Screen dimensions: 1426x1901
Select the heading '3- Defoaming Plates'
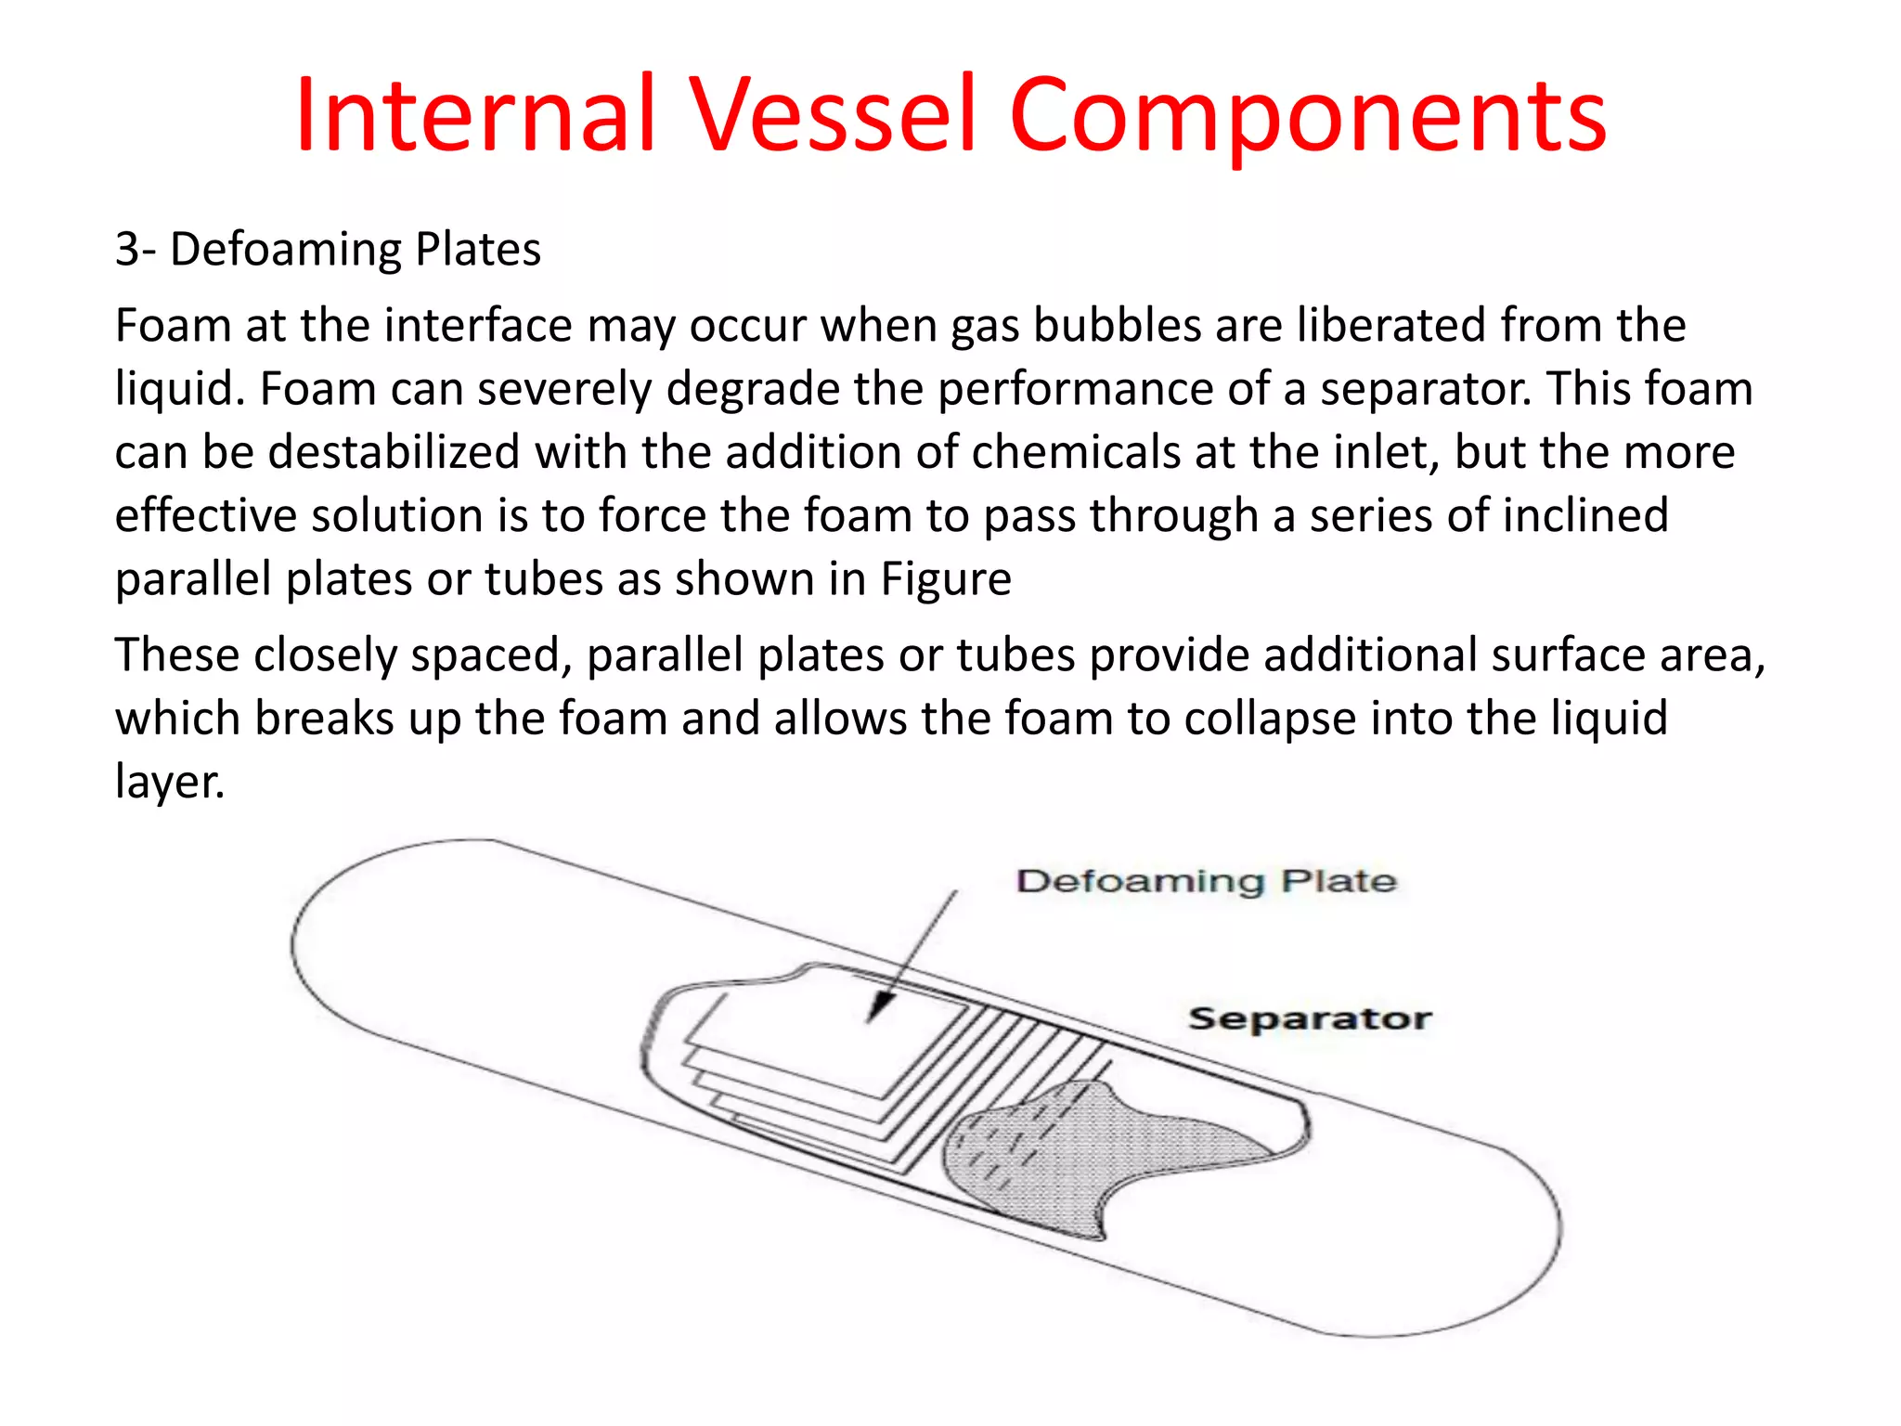click(328, 249)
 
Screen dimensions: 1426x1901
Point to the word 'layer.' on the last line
click(170, 782)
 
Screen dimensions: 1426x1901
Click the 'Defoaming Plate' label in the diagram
click(1206, 880)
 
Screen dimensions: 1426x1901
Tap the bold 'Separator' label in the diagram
click(1310, 1018)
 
